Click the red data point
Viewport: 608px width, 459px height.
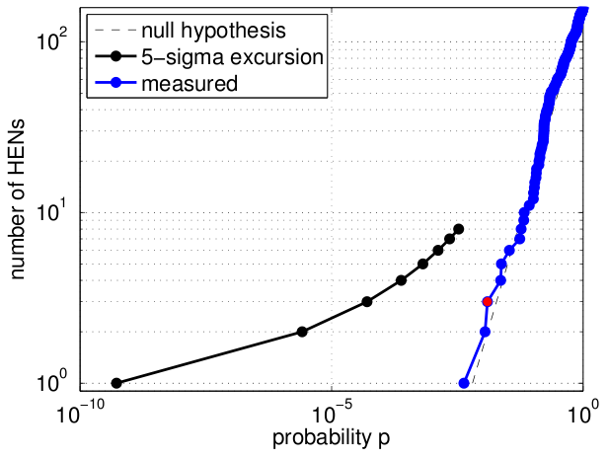point(488,301)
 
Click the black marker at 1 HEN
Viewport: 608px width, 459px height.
point(116,383)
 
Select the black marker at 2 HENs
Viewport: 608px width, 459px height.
point(302,332)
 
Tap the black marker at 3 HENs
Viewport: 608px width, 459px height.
point(367,301)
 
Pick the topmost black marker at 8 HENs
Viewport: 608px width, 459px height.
point(459,229)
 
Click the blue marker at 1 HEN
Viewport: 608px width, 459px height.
point(464,383)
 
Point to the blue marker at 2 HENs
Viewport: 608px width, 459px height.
point(485,332)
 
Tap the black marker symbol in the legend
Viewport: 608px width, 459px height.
point(115,57)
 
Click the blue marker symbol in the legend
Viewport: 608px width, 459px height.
point(115,83)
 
